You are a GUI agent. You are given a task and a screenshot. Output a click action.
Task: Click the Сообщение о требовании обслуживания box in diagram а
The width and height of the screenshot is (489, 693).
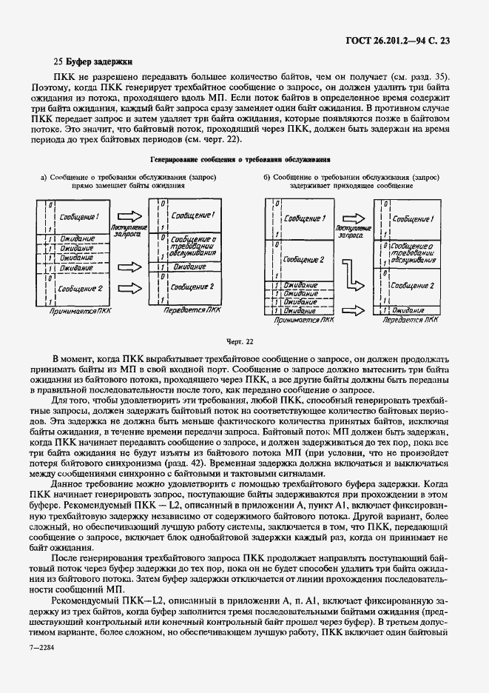pos(192,247)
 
